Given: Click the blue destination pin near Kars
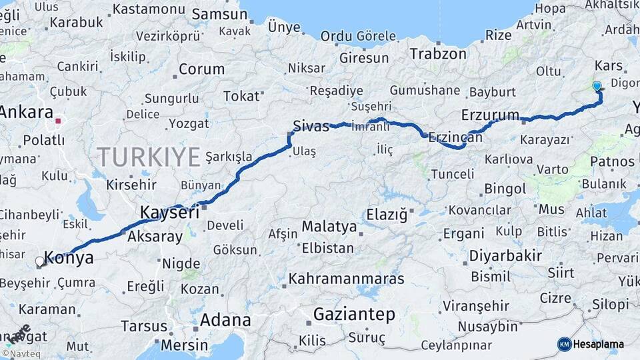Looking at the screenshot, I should coord(597,86).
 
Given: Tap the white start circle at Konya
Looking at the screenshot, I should coord(39,262).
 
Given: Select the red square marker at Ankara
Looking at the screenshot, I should coord(58,121).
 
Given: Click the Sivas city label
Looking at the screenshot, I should coord(311,125).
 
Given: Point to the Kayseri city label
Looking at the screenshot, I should coord(169,213).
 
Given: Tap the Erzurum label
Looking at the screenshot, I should coord(490,115).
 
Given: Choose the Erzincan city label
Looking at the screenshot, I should coord(455,137).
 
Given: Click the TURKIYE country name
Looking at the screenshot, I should coord(149,157).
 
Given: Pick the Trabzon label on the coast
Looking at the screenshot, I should coord(438,54).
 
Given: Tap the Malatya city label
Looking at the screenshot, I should coord(329,227).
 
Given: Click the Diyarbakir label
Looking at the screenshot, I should coord(505,256).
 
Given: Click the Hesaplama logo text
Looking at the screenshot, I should coord(598,344).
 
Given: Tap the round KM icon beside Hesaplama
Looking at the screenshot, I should coord(564,344).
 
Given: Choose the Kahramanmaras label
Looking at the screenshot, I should coord(346,279).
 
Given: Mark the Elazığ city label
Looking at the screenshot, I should coord(387,215).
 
